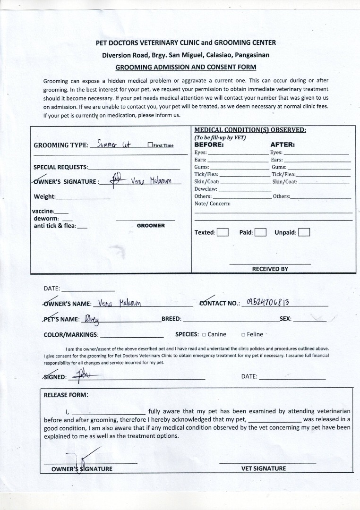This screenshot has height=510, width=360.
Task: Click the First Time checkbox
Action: (x=150, y=145)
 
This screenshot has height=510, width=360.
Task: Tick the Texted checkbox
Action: (x=223, y=232)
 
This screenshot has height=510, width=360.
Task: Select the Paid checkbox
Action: (x=260, y=232)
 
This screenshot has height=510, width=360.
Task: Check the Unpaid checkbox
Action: (x=304, y=232)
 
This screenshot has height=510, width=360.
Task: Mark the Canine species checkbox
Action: (x=204, y=335)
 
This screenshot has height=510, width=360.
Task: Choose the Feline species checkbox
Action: (x=243, y=335)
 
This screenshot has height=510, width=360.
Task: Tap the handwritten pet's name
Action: (x=94, y=319)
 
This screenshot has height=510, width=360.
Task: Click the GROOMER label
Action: (x=151, y=226)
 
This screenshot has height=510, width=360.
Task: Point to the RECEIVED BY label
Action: (x=270, y=269)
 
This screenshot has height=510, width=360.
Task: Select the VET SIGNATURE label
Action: (x=263, y=468)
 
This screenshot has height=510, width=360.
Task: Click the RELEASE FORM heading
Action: (x=66, y=395)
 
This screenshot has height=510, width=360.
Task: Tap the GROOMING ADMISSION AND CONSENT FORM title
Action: (x=186, y=67)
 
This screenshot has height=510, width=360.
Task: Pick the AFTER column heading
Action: (x=283, y=144)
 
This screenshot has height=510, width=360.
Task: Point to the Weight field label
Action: (x=45, y=196)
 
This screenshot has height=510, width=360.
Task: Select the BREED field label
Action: (x=171, y=319)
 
